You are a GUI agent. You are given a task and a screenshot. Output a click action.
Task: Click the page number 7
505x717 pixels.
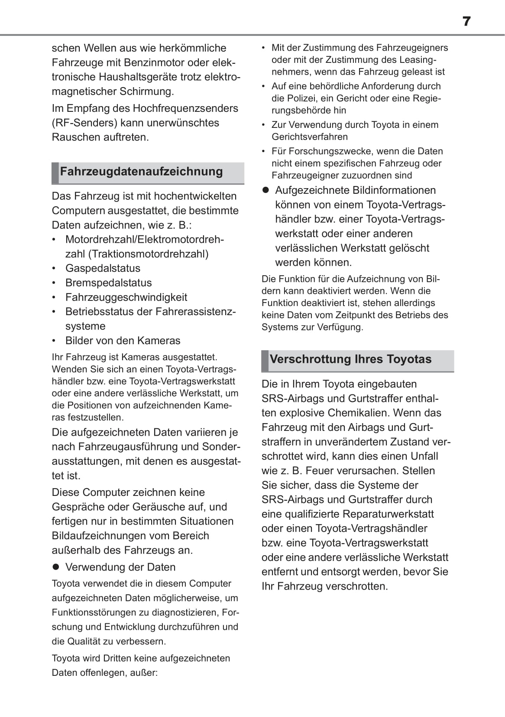pyautogui.click(x=466, y=21)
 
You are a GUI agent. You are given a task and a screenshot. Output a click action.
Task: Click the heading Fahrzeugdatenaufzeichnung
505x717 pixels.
pyautogui.click(x=141, y=172)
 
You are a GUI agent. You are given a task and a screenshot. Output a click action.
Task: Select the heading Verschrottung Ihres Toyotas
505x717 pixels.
pyautogui.click(x=350, y=359)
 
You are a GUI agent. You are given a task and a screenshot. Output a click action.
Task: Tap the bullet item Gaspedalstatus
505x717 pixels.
pyautogui.click(x=103, y=268)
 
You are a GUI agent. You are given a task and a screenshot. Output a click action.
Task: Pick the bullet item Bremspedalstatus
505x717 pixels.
pyautogui.click(x=108, y=283)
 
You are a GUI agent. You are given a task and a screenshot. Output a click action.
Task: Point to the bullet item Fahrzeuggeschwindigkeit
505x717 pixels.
pyautogui.click(x=126, y=297)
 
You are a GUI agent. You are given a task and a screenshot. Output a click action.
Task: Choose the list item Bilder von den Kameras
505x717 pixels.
pyautogui.click(x=123, y=341)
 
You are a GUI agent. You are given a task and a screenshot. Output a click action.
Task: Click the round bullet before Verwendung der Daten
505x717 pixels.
pyautogui.click(x=55, y=567)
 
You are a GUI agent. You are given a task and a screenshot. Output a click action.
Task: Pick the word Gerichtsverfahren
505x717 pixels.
pyautogui.click(x=310, y=137)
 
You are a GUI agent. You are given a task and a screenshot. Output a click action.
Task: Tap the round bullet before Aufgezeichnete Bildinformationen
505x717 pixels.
pyautogui.click(x=266, y=190)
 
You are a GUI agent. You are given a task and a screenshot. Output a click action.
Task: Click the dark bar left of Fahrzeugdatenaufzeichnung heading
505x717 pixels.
pyautogui.click(x=55, y=173)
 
